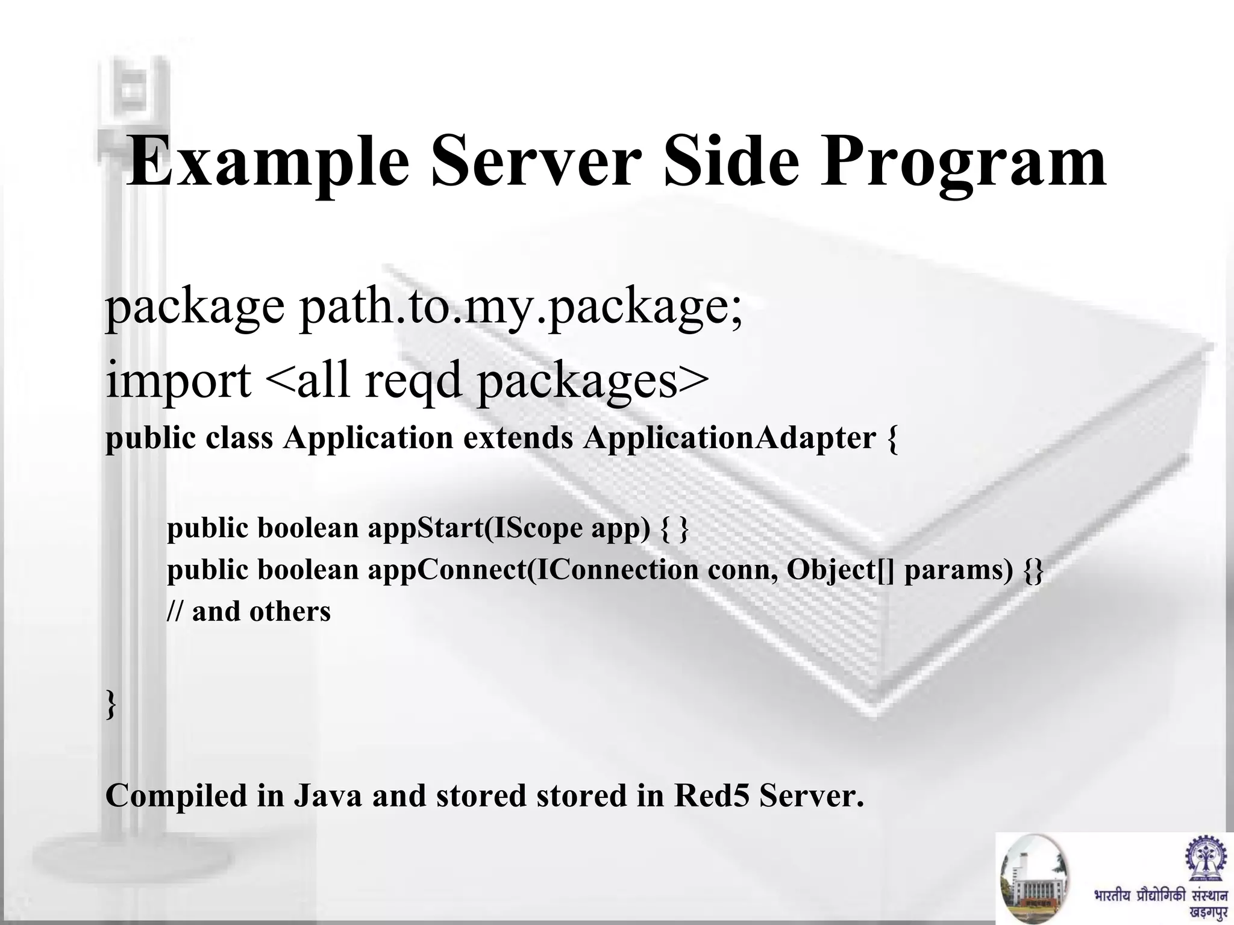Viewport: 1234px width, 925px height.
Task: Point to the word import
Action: coord(178,381)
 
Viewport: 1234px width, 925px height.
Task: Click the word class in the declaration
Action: coord(239,438)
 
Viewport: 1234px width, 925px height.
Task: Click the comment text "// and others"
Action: coord(249,612)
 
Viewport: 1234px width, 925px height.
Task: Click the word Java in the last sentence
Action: coord(328,796)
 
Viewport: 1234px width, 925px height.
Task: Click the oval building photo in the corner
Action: coord(1034,879)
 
